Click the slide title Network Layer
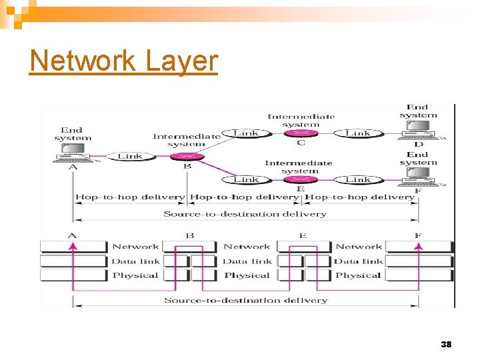click(x=124, y=61)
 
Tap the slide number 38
click(x=446, y=345)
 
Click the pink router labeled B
click(x=187, y=157)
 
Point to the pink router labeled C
click(x=301, y=133)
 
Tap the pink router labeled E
click(x=301, y=179)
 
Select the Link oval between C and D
click(x=358, y=133)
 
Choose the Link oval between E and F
click(x=358, y=179)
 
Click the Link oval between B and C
click(x=245, y=133)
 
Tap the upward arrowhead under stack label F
click(x=419, y=246)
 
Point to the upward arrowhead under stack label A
click(x=72, y=246)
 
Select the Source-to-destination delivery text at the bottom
click(x=245, y=301)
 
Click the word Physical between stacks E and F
click(x=358, y=275)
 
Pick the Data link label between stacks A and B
click(x=135, y=261)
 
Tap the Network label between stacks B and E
click(x=247, y=247)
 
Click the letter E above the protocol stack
click(x=303, y=235)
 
